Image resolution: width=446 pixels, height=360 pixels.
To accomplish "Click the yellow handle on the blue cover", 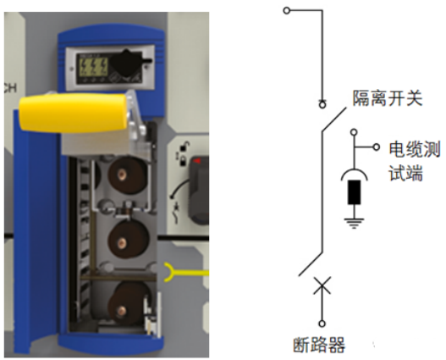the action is [x=73, y=113].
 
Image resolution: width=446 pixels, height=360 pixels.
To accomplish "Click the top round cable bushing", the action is [x=127, y=174].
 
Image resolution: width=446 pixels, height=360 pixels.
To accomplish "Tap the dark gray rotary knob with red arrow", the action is [x=199, y=189].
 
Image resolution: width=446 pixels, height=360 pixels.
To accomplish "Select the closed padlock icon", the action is [x=183, y=161].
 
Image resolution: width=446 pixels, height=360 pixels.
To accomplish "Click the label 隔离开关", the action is [x=387, y=98].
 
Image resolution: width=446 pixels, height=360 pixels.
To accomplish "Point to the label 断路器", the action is [x=319, y=345].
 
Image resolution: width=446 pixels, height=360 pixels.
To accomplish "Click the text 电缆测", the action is [x=414, y=149].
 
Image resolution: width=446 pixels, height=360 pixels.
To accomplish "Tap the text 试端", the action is [x=405, y=173].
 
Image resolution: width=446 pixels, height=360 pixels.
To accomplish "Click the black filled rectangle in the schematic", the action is [x=354, y=192].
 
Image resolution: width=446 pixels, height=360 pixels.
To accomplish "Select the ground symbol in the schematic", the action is [x=354, y=224].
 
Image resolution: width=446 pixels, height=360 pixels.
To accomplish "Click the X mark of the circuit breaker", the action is [x=322, y=285].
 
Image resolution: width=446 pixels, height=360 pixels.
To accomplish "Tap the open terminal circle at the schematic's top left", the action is [x=287, y=11].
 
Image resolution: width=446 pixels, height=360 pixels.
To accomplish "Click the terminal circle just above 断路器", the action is [x=322, y=324].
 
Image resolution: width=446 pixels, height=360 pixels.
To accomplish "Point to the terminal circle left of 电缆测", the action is [x=377, y=147].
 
